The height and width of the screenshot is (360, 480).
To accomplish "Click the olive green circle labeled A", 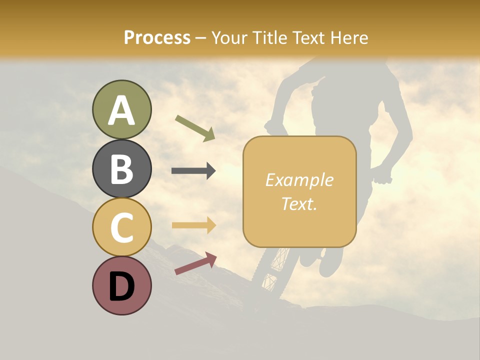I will coord(121,109).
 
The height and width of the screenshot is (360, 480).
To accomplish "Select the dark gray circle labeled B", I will coord(121,168).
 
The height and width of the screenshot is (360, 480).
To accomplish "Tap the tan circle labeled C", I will coord(121,227).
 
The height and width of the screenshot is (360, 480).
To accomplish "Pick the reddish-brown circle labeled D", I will coord(121,285).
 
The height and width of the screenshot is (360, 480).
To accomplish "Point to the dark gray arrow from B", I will coord(193,170).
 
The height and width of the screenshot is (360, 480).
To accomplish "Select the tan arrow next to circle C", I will coord(193,225).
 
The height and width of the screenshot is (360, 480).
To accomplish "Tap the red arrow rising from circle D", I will coord(195,263).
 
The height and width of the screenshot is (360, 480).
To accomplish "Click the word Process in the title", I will coord(157,37).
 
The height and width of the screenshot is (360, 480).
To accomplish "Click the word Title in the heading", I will coord(269,37).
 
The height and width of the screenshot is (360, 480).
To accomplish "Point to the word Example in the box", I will coord(299,180).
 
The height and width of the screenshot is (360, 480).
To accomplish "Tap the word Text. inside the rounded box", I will coord(299,203).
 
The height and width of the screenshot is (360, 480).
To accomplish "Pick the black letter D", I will coord(121,286).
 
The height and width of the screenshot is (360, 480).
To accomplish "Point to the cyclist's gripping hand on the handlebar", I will coord(384,176).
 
